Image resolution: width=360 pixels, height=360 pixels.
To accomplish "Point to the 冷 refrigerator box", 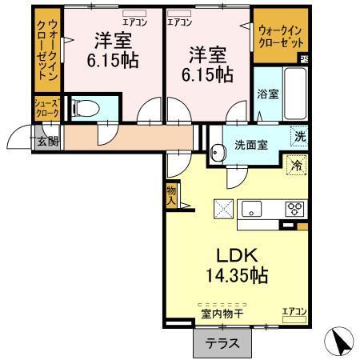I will (297, 166).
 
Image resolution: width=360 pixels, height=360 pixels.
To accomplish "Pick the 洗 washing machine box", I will (298, 136).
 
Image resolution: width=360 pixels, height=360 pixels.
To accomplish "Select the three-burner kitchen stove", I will (294, 210).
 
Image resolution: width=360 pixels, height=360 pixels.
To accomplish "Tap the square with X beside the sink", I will (223, 210).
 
